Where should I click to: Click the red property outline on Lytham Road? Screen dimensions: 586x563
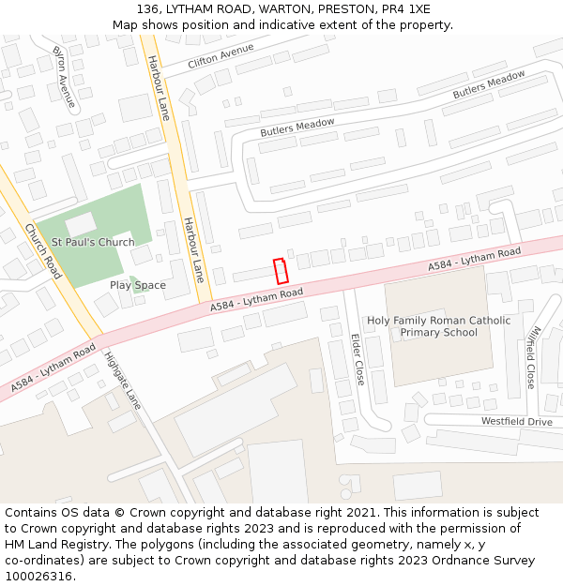280,271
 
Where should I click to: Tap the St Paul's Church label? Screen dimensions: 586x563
93,242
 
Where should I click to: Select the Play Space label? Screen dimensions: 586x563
137,285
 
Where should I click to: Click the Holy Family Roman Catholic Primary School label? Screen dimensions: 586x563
438,326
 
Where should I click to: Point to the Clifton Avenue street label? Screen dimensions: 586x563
221,55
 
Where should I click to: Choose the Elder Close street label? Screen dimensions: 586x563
358,359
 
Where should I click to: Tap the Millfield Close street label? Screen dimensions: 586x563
531,357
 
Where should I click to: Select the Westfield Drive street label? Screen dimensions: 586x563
517,421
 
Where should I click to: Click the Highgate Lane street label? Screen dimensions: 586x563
123,379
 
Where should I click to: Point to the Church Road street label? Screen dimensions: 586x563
42,250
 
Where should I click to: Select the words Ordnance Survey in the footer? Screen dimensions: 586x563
486,560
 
